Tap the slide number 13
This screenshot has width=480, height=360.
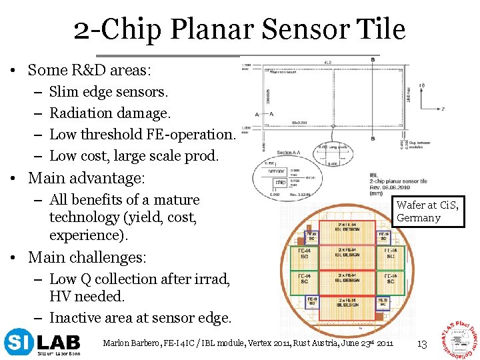(421, 343)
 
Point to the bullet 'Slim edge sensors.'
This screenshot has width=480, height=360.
(109, 91)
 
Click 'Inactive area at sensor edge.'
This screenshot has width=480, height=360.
(140, 318)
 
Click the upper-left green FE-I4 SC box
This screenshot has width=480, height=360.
(304, 254)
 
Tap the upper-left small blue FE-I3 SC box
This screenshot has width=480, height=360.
(311, 237)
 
